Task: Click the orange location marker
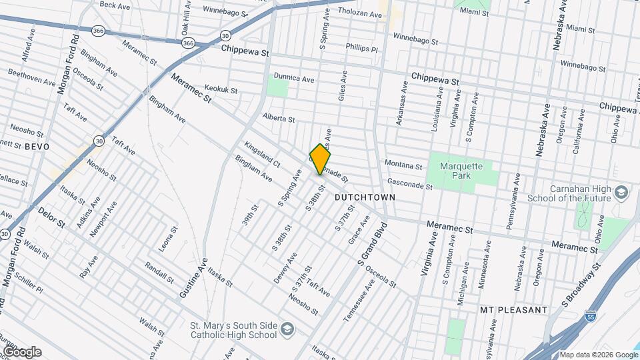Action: pyautogui.click(x=320, y=159)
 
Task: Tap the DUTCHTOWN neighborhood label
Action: pyautogui.click(x=365, y=198)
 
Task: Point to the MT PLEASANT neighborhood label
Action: pyautogui.click(x=513, y=310)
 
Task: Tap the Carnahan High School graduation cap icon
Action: pyautogui.click(x=621, y=193)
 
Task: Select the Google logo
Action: pyautogui.click(x=21, y=351)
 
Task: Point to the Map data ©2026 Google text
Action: pyautogui.click(x=597, y=354)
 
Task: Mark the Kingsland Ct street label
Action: pyautogui.click(x=262, y=154)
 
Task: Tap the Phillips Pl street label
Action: pyautogui.click(x=361, y=48)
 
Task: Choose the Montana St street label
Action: pyautogui.click(x=403, y=165)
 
